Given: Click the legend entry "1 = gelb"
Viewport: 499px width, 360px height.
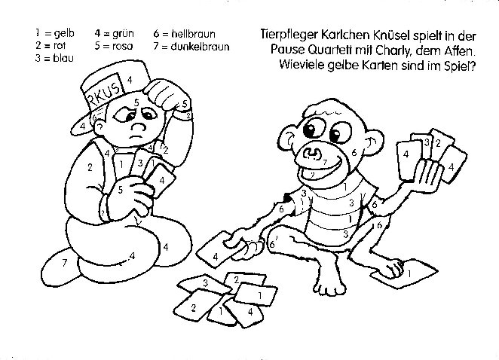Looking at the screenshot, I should click(x=54, y=33).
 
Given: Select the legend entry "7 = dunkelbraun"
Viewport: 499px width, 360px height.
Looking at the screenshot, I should click(x=190, y=45).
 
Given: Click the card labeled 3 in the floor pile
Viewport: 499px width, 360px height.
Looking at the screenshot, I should click(x=204, y=282).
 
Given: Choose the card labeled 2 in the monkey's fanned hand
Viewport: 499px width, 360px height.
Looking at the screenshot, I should click(x=438, y=143).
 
